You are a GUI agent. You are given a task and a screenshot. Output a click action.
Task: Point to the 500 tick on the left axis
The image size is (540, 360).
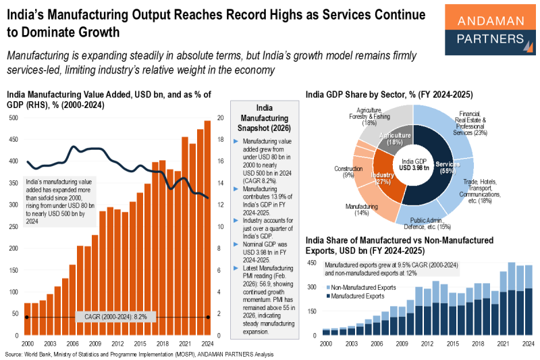(x=13, y=118)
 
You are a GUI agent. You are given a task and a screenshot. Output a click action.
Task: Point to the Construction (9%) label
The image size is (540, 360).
(x=348, y=172)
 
